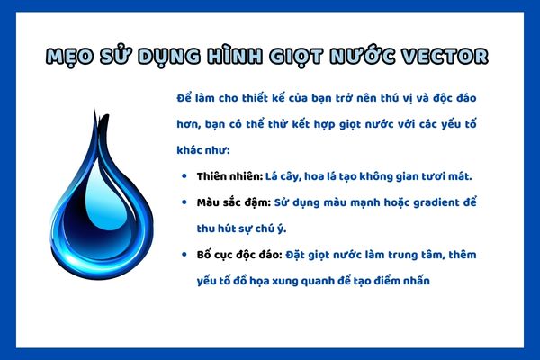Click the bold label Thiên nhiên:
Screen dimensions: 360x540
pyautogui.click(x=229, y=175)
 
